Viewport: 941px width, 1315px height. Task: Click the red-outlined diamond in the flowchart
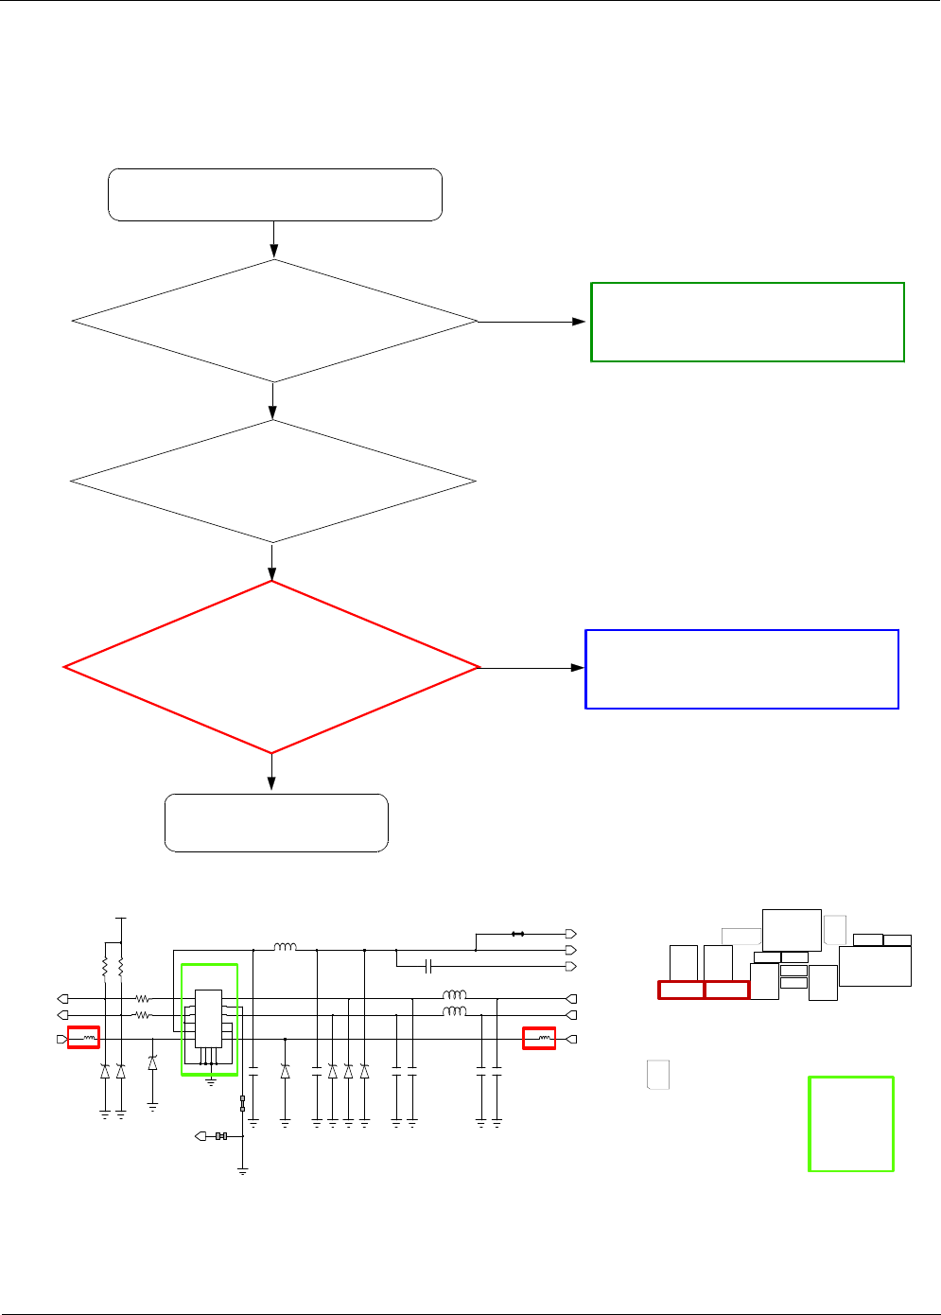click(x=271, y=667)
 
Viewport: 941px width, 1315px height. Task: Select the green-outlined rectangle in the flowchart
click(x=747, y=322)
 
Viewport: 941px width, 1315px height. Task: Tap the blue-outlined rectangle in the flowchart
click(x=741, y=669)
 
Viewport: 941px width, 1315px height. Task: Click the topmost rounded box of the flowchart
click(x=275, y=195)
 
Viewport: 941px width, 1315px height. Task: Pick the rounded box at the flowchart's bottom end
click(x=276, y=823)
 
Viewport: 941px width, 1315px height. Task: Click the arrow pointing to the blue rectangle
click(x=531, y=668)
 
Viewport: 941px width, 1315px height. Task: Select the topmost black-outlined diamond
click(x=274, y=322)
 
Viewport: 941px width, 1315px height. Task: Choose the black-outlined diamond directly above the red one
click(x=272, y=482)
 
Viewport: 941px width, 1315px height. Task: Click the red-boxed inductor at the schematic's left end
click(x=84, y=1038)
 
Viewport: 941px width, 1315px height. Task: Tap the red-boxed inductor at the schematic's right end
click(x=539, y=1039)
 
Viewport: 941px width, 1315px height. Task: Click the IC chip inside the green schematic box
click(x=208, y=1019)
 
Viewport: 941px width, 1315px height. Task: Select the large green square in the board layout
click(x=851, y=1124)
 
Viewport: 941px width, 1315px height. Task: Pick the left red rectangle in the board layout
click(x=681, y=990)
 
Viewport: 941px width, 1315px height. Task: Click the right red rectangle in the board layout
click(x=727, y=990)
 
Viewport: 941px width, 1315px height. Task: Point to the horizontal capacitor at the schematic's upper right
click(x=429, y=966)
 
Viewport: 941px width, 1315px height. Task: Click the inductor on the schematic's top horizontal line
click(x=285, y=947)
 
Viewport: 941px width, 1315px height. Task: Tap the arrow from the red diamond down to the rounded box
click(x=271, y=773)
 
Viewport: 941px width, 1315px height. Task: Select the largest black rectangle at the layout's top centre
click(x=792, y=929)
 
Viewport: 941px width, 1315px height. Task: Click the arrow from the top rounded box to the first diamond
click(x=274, y=239)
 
